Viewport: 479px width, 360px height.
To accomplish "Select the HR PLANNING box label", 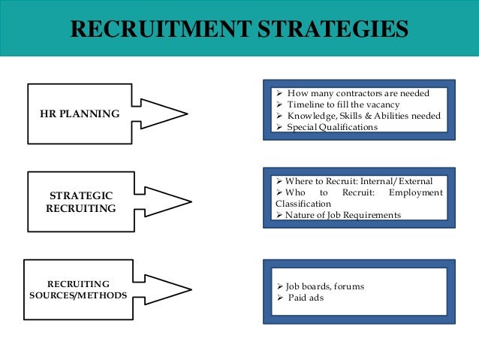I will [80, 114].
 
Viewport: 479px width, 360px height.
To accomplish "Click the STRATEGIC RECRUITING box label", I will [81, 201].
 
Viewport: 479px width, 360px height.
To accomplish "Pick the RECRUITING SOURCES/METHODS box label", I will [78, 289].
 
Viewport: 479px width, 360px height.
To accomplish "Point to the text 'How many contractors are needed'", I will [358, 94].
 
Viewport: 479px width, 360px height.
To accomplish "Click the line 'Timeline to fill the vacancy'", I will [344, 105].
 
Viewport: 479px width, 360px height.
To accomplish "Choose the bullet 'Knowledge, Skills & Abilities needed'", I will [364, 116].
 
